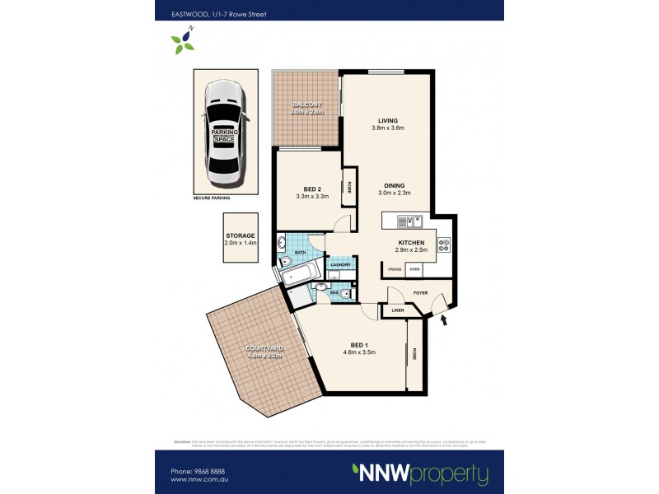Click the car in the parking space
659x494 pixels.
[x=224, y=132]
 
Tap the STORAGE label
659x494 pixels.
[x=241, y=235]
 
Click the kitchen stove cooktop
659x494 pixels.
[x=443, y=245]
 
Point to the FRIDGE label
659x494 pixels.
[x=395, y=269]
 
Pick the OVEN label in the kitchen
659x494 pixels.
[x=415, y=269]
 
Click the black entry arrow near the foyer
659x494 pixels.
[x=446, y=321]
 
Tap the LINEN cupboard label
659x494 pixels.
[x=398, y=310]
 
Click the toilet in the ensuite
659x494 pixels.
[x=345, y=293]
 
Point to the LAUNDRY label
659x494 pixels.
[x=341, y=264]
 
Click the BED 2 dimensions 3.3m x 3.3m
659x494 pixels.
[x=312, y=197]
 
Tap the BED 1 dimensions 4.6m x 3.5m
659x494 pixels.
[x=358, y=352]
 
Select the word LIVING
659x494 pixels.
[x=388, y=121]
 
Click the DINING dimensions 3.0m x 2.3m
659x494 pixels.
[x=394, y=193]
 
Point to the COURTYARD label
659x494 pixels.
[x=264, y=349]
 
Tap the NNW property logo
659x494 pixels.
[x=419, y=473]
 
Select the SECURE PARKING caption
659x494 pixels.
[x=212, y=198]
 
